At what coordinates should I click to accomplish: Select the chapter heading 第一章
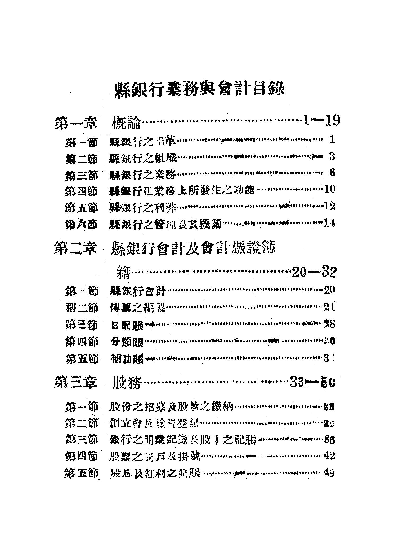click(75, 123)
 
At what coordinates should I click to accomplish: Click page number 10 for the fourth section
click(330, 189)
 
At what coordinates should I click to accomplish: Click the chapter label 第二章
click(75, 249)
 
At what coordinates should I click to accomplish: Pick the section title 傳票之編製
click(137, 308)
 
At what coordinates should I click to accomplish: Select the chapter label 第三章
click(75, 383)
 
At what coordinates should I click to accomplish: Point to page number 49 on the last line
click(329, 473)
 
